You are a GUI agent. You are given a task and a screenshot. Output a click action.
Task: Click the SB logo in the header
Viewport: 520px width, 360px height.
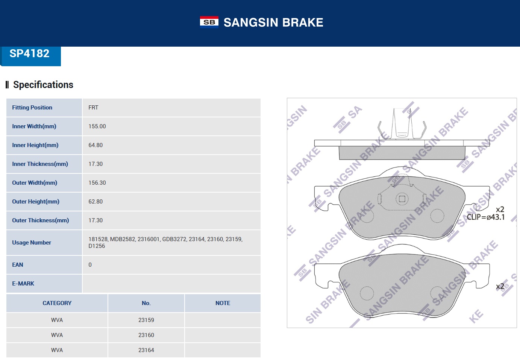pyautogui.click(x=209, y=22)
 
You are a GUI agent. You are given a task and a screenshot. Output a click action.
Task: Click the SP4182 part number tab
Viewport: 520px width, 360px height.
pyautogui.click(x=30, y=54)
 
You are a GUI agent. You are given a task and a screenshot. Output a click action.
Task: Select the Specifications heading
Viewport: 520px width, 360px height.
pyautogui.click(x=43, y=85)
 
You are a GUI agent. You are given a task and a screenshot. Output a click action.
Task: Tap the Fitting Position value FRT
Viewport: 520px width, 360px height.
pyautogui.click(x=93, y=108)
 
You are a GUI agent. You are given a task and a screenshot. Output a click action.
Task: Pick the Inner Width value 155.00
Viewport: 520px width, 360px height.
pyautogui.click(x=97, y=126)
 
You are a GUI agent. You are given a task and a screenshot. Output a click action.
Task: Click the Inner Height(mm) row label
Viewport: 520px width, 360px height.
pyautogui.click(x=35, y=145)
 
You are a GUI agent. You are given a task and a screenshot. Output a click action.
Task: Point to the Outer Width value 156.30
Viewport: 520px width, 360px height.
pyautogui.click(x=97, y=183)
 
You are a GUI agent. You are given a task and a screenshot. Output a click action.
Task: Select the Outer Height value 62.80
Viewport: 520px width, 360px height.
pyautogui.click(x=96, y=202)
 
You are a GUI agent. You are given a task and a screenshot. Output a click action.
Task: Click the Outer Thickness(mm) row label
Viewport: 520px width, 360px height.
pyautogui.click(x=41, y=220)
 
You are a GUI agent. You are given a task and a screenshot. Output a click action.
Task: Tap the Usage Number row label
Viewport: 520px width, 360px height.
pyautogui.click(x=32, y=243)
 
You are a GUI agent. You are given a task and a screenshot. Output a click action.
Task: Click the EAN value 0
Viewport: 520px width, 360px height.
pyautogui.click(x=90, y=265)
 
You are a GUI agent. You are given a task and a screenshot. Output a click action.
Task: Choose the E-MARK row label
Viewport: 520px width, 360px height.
pyautogui.click(x=23, y=284)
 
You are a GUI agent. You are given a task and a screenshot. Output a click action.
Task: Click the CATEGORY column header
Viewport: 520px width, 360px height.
pyautogui.click(x=57, y=303)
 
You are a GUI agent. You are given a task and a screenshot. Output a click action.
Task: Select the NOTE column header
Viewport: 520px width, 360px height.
pyautogui.click(x=223, y=303)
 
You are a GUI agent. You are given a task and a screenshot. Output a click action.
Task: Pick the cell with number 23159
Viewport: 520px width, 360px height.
pyautogui.click(x=146, y=320)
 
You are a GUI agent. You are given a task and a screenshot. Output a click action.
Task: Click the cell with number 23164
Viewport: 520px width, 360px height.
pyautogui.click(x=146, y=350)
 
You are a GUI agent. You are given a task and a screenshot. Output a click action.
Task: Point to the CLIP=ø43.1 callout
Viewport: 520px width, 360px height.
pyautogui.click(x=486, y=217)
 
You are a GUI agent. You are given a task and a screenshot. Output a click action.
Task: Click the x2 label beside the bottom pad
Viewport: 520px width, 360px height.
pyautogui.click(x=500, y=286)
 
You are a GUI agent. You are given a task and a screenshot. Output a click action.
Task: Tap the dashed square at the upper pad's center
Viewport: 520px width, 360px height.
pyautogui.click(x=402, y=199)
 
